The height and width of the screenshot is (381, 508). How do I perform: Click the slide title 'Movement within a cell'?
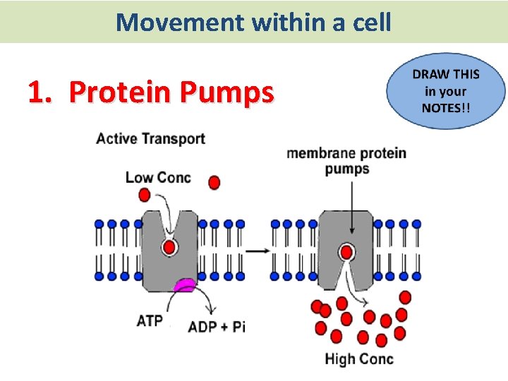[x=253, y=22]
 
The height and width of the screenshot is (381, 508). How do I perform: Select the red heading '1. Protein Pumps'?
[x=150, y=92]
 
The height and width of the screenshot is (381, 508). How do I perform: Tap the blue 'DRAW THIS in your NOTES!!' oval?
[x=446, y=92]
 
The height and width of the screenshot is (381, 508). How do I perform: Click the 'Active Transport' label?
[x=150, y=138]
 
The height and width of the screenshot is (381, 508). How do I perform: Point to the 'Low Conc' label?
[x=158, y=176]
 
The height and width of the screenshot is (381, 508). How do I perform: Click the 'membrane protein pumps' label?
[x=346, y=161]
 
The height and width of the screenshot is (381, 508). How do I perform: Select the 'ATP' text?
[x=150, y=320]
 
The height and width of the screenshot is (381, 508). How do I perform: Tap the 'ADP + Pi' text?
[x=217, y=327]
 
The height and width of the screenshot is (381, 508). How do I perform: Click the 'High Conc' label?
[x=359, y=358]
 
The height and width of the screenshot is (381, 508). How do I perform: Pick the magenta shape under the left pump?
[x=184, y=284]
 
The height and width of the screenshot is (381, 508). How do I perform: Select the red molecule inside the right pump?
[x=346, y=252]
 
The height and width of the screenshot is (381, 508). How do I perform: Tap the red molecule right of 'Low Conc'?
[x=214, y=182]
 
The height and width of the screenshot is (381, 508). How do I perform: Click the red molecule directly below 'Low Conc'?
[x=145, y=194]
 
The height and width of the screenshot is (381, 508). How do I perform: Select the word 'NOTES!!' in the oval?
[x=446, y=108]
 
